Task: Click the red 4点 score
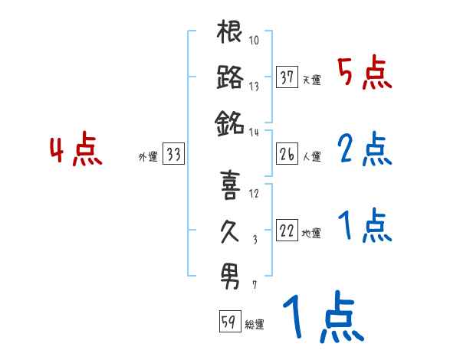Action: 75,149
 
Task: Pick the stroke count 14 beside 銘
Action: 255,131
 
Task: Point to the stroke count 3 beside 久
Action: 255,240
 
